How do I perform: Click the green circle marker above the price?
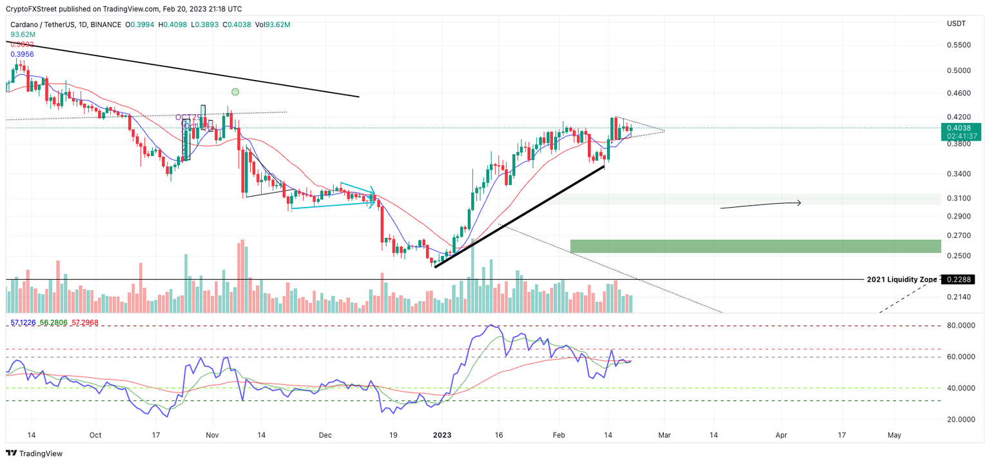point(235,92)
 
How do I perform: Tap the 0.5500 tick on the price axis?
point(958,45)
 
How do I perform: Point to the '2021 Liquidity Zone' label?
point(902,280)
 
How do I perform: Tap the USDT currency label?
point(956,24)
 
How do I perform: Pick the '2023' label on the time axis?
point(442,435)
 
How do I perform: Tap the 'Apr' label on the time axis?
point(781,435)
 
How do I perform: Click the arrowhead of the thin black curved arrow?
point(799,203)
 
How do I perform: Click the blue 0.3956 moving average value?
point(23,54)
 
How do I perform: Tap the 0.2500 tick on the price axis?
point(958,256)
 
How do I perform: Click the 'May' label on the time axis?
point(894,435)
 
